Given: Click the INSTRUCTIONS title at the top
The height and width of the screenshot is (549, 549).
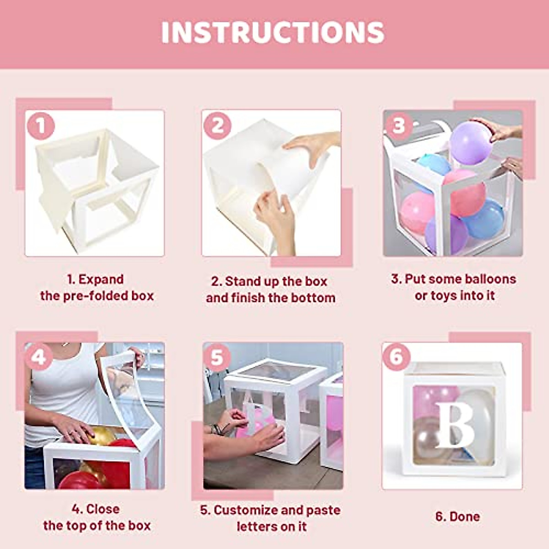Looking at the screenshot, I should click(x=273, y=32).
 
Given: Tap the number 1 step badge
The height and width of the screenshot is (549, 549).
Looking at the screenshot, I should click(x=41, y=126).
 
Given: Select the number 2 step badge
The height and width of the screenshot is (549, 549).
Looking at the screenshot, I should click(x=217, y=126).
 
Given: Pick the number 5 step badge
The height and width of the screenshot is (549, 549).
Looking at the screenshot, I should click(x=217, y=357).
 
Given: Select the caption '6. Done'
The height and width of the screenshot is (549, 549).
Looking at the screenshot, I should click(x=457, y=517).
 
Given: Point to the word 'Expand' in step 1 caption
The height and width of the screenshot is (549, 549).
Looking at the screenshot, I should click(x=101, y=279).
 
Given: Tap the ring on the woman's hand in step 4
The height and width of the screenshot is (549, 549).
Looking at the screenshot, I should click(x=72, y=431).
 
